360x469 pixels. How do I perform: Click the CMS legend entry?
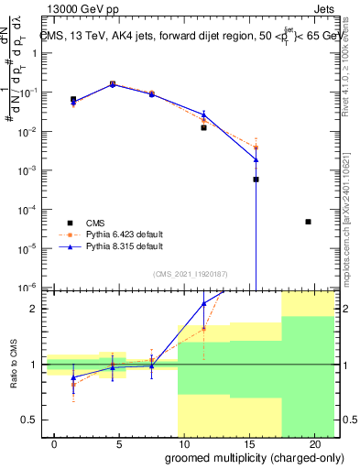94,223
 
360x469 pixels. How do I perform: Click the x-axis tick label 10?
178,443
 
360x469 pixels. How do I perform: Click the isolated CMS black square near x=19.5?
308,222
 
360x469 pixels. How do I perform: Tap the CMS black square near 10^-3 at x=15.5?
256,180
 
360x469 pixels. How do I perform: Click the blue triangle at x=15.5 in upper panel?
256,159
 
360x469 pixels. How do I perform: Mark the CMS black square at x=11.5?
203,127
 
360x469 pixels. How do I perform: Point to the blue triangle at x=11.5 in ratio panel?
203,304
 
